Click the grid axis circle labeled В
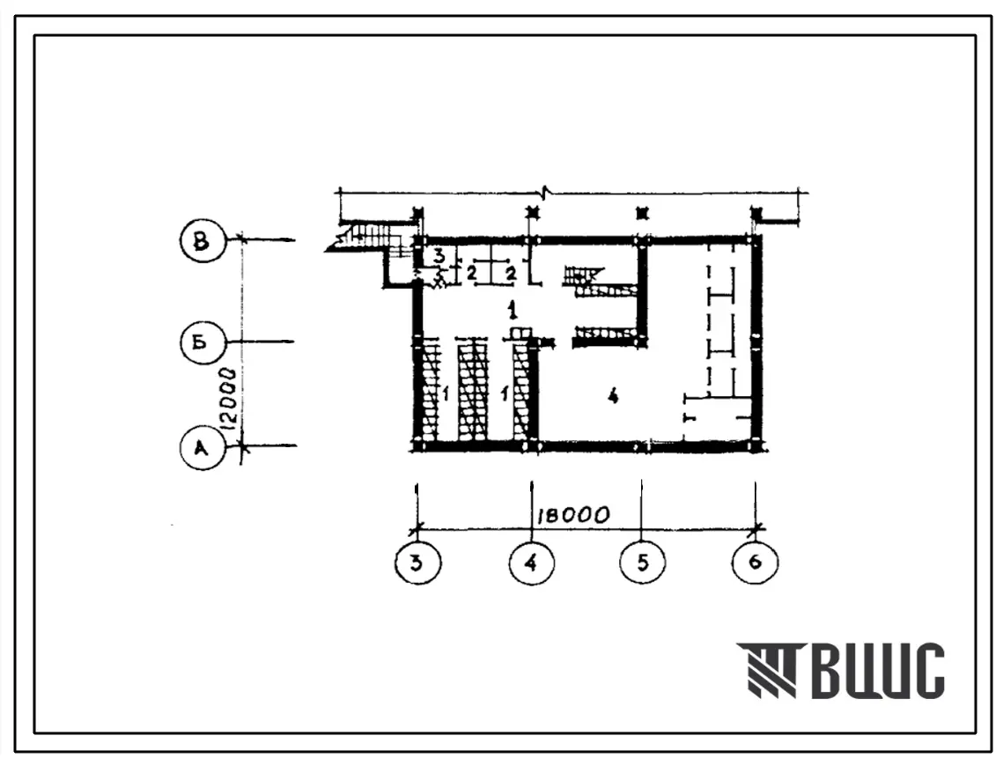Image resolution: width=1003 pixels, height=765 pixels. click(x=203, y=240)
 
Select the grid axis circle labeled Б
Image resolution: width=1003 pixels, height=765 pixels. click(x=203, y=342)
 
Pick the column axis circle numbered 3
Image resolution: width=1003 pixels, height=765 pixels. click(x=417, y=563)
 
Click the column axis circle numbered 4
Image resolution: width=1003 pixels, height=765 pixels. click(x=532, y=563)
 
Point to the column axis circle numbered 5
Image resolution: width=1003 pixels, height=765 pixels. click(x=642, y=563)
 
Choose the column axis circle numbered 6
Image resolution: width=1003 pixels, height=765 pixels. click(x=755, y=563)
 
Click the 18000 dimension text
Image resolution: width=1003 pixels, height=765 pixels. click(x=572, y=515)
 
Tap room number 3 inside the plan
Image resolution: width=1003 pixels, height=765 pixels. click(x=439, y=256)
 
